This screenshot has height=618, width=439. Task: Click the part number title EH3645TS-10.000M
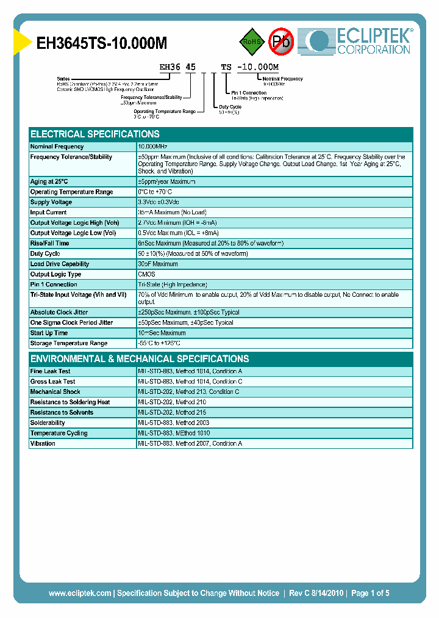[x=102, y=43]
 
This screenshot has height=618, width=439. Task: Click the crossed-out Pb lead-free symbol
[x=281, y=41]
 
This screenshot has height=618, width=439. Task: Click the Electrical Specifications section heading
[x=95, y=134]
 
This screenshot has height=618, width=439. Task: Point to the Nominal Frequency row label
[x=57, y=147]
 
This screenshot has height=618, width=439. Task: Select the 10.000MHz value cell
[x=152, y=147]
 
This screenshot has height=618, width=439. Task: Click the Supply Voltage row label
[x=51, y=202]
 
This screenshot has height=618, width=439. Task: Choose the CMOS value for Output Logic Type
[x=147, y=274]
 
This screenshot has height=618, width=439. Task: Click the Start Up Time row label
[x=49, y=333]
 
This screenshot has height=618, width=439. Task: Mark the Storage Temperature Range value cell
[x=159, y=343]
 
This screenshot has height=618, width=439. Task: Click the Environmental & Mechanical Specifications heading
[x=140, y=359]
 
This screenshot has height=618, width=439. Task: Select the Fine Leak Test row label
[x=51, y=371]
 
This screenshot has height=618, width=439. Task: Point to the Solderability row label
[x=48, y=423]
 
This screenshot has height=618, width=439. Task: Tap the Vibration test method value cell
[x=190, y=443]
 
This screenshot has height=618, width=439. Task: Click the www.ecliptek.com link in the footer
[x=80, y=593]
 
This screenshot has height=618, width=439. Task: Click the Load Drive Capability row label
[x=60, y=264]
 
